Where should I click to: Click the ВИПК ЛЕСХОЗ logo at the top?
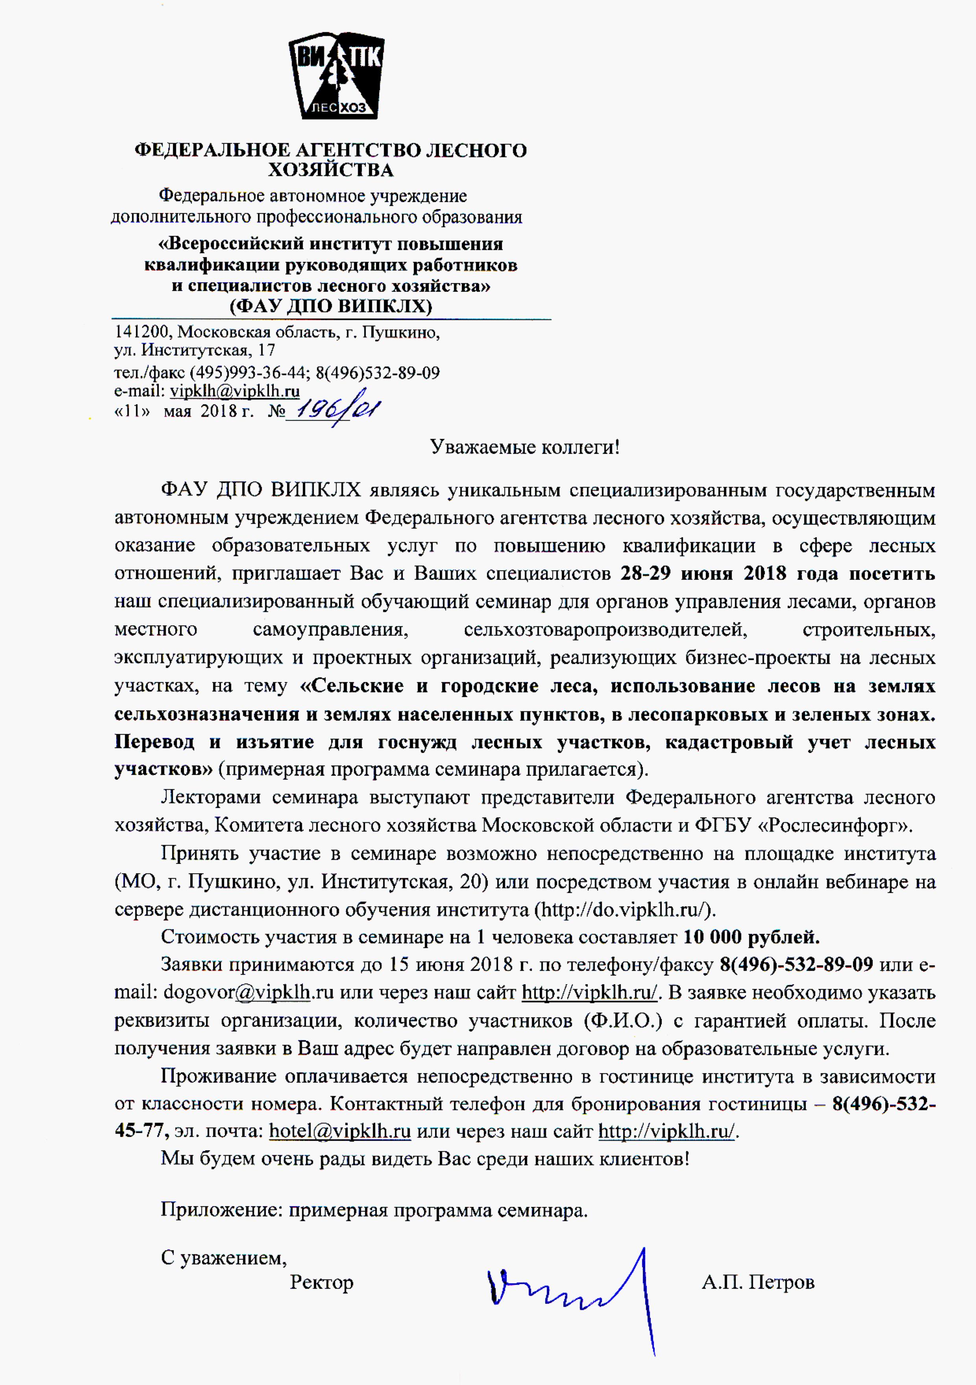[x=336, y=76]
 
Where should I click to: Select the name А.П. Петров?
[x=758, y=1282]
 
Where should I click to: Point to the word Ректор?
[x=322, y=1282]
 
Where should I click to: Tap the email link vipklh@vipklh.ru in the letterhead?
[x=235, y=391]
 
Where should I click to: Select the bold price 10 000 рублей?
[x=751, y=937]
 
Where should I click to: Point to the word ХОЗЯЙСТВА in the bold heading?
[x=331, y=170]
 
